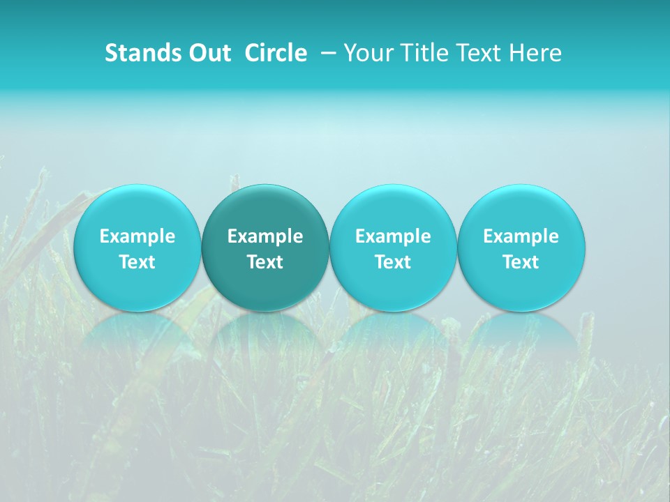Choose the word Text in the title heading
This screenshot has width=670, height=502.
click(x=474, y=54)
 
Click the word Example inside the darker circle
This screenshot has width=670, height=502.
click(x=265, y=236)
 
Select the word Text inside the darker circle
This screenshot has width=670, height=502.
click(x=265, y=262)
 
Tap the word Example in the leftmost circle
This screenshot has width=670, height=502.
click(x=137, y=236)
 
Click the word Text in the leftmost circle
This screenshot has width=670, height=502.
click(x=137, y=262)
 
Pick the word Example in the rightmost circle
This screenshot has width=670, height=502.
click(x=521, y=236)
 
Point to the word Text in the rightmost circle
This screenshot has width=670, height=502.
click(x=521, y=262)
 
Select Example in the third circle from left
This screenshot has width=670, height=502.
click(x=393, y=236)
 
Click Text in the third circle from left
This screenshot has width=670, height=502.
click(x=393, y=262)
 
